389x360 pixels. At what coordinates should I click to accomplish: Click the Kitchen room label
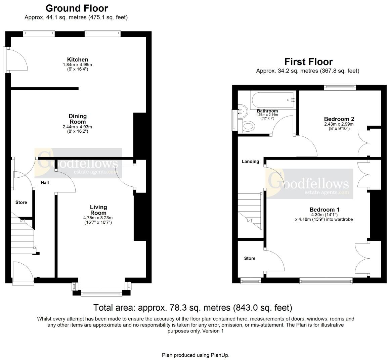pos(77,60)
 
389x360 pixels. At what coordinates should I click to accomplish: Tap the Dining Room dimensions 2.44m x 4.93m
pos(77,127)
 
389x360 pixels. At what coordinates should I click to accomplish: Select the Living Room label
pos(98,210)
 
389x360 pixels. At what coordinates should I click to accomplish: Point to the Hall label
pos(45,183)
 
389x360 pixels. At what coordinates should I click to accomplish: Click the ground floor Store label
pos(21,203)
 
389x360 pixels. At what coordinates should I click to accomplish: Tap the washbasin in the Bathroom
pos(243,111)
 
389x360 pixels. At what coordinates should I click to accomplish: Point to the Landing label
pos(251,162)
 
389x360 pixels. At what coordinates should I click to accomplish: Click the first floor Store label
pos(250,258)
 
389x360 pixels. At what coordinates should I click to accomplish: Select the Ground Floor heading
pos(77,8)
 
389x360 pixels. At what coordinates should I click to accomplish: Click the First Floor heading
pos(308,62)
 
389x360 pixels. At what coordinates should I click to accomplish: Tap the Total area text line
pos(193,307)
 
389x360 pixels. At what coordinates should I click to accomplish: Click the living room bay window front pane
pos(101,294)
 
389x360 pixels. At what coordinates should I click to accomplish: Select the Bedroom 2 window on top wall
pos(340,87)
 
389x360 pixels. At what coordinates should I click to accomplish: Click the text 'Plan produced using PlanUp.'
pos(196,355)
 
